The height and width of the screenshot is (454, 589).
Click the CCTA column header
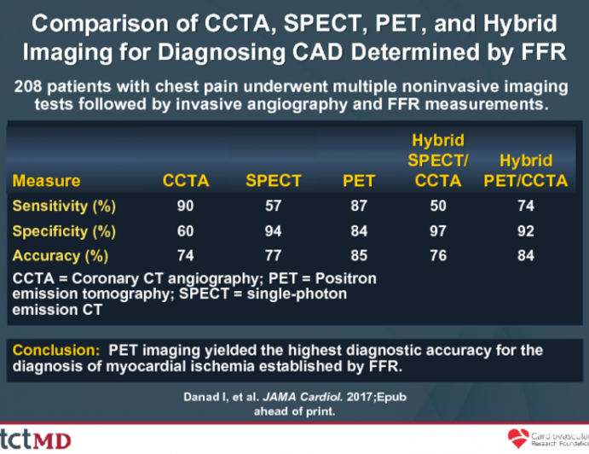(186, 180)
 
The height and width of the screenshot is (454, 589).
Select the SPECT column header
(274, 180)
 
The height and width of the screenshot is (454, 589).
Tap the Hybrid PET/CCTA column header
(526, 170)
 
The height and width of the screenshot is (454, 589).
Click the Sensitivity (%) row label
(64, 206)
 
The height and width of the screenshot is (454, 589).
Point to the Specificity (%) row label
(63, 230)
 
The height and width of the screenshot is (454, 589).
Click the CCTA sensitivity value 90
(186, 206)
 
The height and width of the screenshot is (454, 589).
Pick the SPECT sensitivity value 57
(274, 206)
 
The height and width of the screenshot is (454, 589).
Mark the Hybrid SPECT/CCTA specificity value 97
(438, 230)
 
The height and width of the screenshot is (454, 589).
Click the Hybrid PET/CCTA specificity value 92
(526, 230)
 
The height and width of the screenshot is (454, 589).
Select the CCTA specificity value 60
(186, 230)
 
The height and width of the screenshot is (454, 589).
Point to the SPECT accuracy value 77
(274, 255)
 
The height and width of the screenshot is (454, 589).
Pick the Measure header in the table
(47, 180)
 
